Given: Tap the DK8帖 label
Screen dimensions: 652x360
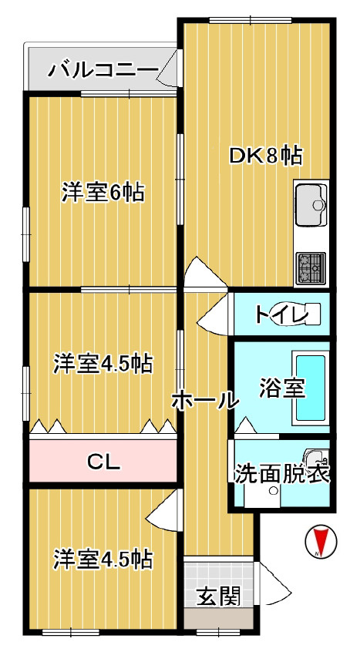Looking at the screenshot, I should tap(264, 156).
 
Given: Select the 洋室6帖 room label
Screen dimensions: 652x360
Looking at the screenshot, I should tap(103, 193).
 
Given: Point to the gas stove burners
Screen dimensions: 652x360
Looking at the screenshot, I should tap(311, 267).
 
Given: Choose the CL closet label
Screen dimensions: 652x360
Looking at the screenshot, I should tap(103, 462).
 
